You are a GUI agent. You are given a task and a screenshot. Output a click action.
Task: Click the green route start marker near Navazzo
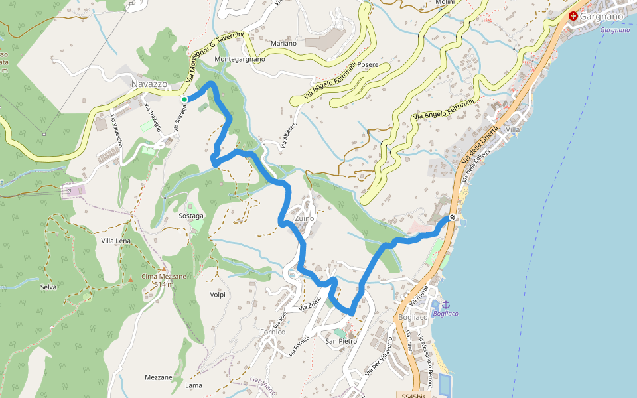click(x=184, y=99)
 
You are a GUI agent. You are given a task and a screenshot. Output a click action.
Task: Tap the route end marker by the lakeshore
click(x=453, y=217)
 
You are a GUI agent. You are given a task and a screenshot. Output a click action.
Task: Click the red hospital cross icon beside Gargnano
click(x=573, y=15)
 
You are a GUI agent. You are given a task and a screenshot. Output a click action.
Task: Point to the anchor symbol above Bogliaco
click(x=445, y=303)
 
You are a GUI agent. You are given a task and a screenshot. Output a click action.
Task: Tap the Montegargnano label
click(x=240, y=59)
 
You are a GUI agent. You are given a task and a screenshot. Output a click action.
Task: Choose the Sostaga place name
click(x=191, y=216)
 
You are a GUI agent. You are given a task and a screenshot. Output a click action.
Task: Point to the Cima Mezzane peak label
click(x=163, y=276)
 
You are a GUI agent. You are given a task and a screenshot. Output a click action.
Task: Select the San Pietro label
click(x=341, y=341)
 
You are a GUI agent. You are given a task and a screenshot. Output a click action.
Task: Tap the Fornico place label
click(x=273, y=332)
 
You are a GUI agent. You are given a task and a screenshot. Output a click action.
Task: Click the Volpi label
click(x=218, y=295)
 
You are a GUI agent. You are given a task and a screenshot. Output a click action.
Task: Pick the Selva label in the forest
click(x=48, y=287)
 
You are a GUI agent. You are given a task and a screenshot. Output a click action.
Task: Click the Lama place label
click(x=194, y=385)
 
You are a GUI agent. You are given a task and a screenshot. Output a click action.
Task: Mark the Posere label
click(x=368, y=65)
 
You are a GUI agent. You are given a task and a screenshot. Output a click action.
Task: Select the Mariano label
click(x=283, y=44)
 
